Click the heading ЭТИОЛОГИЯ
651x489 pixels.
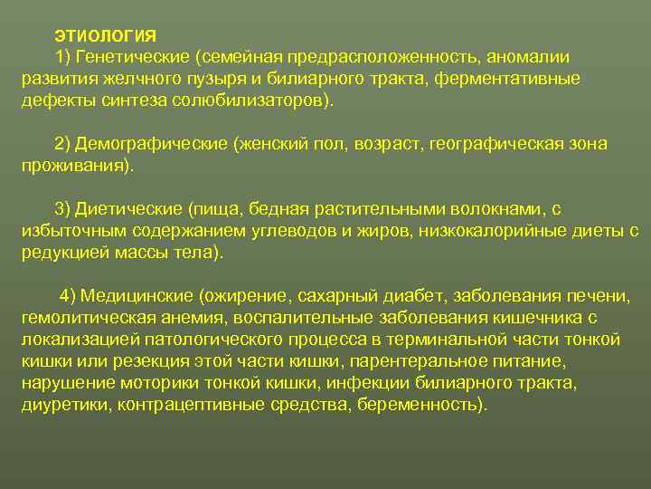click(x=105, y=36)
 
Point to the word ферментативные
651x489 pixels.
click(x=507, y=78)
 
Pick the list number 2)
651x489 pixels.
click(x=62, y=145)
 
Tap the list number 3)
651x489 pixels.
click(x=62, y=210)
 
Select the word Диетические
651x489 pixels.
click(x=128, y=210)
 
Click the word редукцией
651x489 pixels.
click(x=65, y=252)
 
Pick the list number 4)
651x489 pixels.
click(x=69, y=296)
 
